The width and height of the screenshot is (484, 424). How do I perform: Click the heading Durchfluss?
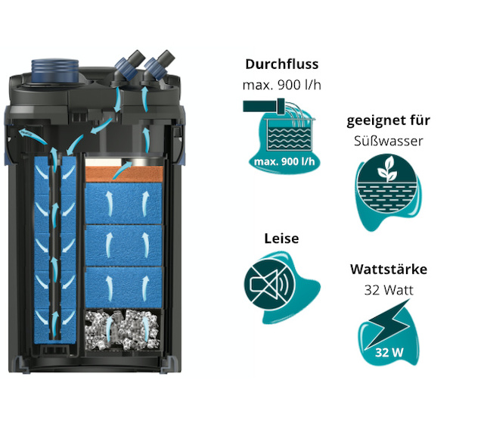(x=282, y=64)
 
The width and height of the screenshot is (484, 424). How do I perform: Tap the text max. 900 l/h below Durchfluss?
(x=282, y=85)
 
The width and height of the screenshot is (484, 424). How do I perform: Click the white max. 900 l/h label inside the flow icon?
(x=284, y=161)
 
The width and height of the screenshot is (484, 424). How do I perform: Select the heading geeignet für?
(x=388, y=120)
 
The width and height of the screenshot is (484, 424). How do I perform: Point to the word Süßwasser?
(x=388, y=141)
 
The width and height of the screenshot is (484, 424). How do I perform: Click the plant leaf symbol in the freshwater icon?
(x=386, y=168)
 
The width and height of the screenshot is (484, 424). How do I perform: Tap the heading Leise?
(x=281, y=238)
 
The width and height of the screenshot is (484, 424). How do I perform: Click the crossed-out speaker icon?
(x=270, y=285)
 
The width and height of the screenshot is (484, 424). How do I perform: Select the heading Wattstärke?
(x=389, y=270)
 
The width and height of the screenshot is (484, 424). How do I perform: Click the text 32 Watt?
(x=389, y=290)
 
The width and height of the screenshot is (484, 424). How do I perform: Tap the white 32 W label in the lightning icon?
(x=389, y=353)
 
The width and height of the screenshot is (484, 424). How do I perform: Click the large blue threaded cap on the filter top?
(x=55, y=70)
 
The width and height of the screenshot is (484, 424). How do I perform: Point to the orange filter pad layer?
(x=124, y=174)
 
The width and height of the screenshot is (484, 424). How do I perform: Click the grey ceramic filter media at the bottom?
(x=123, y=330)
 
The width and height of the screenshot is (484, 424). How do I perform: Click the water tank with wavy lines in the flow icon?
(x=289, y=134)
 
